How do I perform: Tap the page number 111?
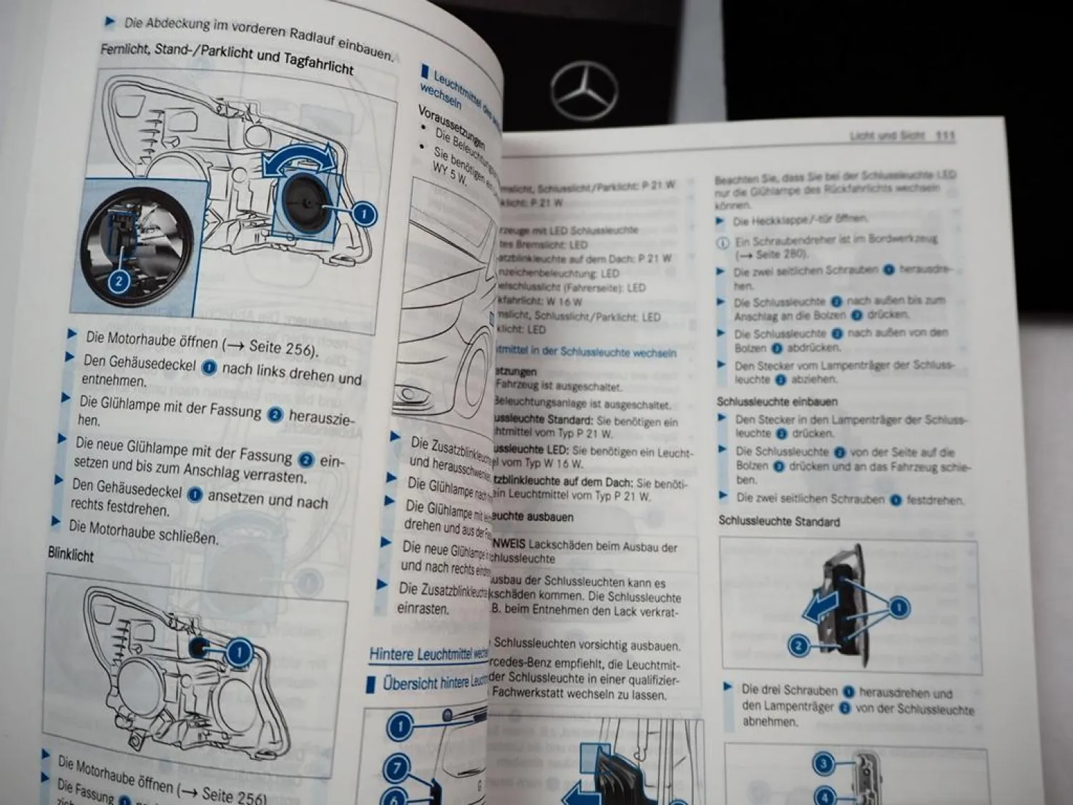click(945, 135)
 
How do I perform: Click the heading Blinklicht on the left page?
click(71, 555)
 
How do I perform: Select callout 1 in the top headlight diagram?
click(364, 214)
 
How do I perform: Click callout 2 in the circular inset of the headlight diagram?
click(119, 280)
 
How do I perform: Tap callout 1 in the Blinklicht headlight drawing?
click(238, 653)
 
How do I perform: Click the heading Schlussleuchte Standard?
click(779, 522)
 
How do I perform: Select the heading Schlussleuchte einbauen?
click(777, 401)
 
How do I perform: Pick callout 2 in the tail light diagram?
click(798, 646)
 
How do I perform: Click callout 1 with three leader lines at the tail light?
click(898, 608)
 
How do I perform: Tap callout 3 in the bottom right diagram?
click(823, 763)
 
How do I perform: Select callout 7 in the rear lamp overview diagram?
click(396, 769)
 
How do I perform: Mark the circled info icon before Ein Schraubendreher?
click(722, 243)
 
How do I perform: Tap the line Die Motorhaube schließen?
click(143, 532)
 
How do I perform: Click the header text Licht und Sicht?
click(887, 135)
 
